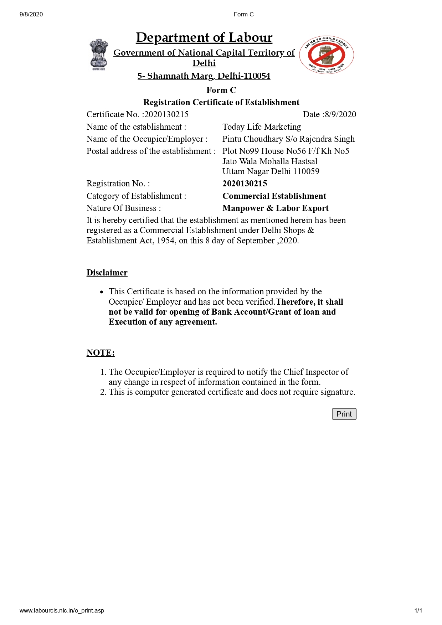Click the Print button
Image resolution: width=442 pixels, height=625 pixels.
[344, 414]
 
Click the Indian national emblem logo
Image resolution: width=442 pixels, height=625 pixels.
[98, 55]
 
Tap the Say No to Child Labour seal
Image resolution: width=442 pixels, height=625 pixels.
[327, 55]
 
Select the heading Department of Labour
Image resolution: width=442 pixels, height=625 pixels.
[204, 37]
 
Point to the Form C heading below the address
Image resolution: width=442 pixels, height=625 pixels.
[221, 90]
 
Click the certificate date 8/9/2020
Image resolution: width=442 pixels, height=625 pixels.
[340, 114]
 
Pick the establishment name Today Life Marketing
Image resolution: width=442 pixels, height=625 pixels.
[261, 127]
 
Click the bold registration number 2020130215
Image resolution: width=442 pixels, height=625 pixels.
[245, 184]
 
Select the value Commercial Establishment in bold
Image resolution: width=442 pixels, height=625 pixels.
[274, 196]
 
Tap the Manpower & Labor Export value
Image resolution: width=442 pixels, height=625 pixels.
[275, 208]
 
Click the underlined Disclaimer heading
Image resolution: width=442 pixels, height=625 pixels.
[107, 273]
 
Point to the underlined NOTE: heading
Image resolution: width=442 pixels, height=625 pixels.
[101, 353]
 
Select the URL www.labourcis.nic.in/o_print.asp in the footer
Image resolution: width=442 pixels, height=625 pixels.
[62, 610]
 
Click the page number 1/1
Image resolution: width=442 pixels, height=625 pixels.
[418, 610]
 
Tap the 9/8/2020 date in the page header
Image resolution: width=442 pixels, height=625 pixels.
[31, 14]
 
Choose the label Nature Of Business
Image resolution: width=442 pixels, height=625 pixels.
[123, 208]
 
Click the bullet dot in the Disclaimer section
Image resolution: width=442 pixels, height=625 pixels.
[102, 292]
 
